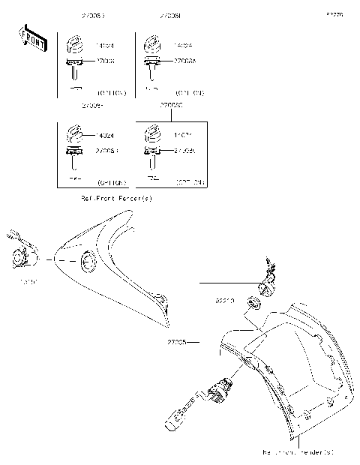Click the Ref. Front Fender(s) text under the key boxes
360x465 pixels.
(x=116, y=199)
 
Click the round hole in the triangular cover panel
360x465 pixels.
(x=88, y=262)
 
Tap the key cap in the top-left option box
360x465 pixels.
(x=76, y=45)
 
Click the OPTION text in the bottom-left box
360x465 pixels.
(x=112, y=183)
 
